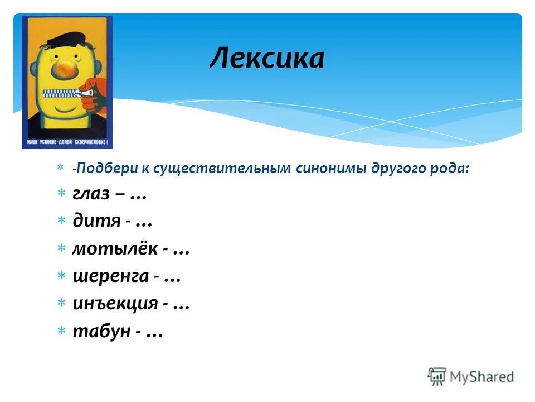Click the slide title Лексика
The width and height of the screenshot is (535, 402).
click(x=266, y=58)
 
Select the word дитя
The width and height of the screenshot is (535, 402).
click(x=96, y=221)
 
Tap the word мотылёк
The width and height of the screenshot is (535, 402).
click(x=115, y=249)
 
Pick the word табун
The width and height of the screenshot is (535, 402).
click(x=100, y=332)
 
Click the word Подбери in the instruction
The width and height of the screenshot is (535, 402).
click(x=99, y=169)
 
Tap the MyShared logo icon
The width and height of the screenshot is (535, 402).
click(x=437, y=377)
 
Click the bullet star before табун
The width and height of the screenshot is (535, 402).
click(x=62, y=332)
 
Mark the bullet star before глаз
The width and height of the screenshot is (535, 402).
click(x=62, y=194)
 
